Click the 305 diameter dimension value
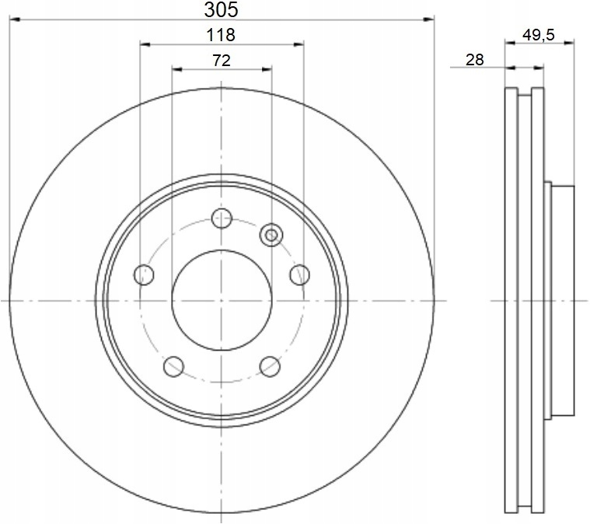221,10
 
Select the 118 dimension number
221,35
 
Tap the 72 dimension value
222,60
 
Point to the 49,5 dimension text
539,35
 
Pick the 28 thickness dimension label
474,60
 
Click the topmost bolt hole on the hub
222,218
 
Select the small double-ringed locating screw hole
271,235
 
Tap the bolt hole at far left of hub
144,274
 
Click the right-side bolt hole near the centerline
300,274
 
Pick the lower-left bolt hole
173,366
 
